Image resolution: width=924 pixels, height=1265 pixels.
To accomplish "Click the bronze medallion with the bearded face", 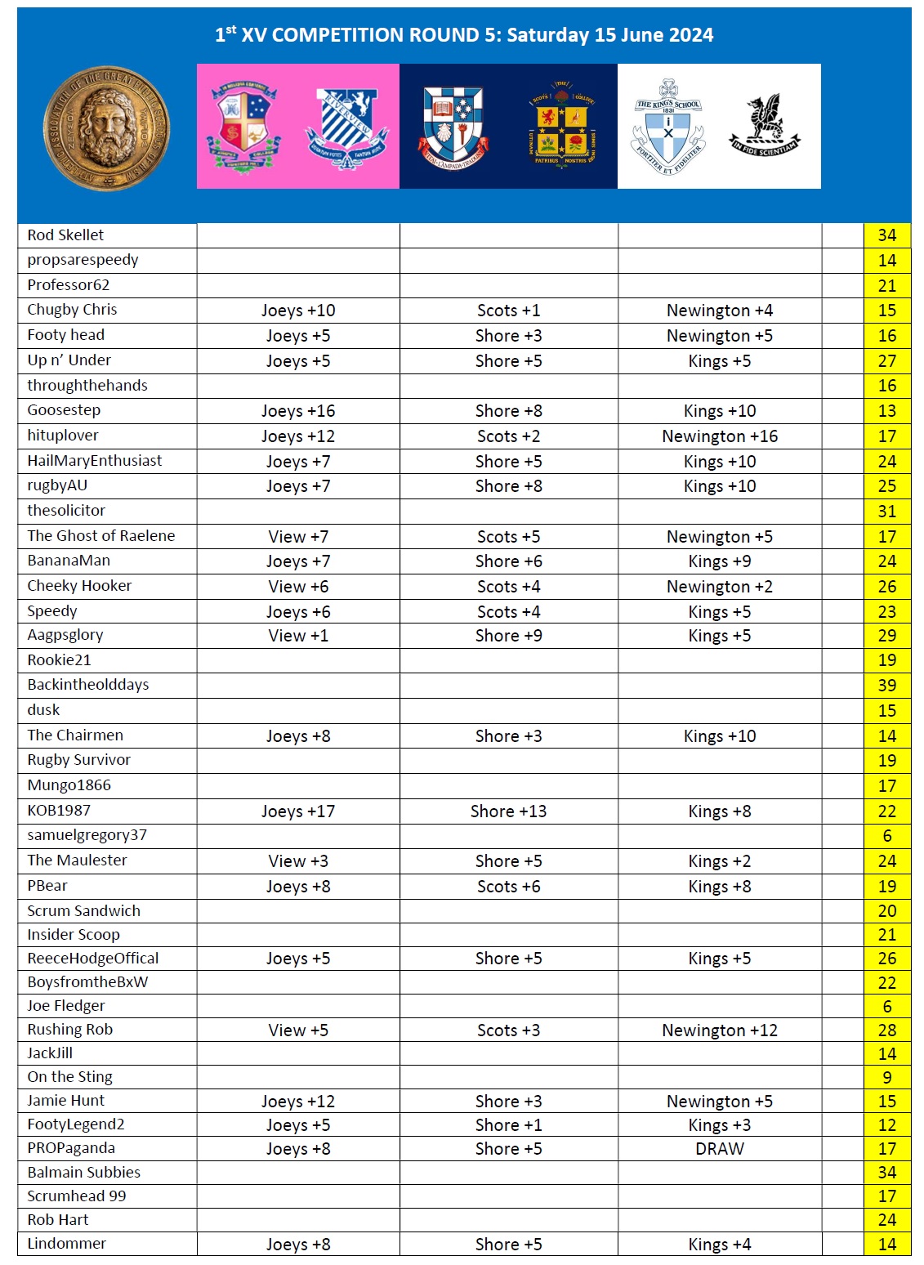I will pyautogui.click(x=106, y=128).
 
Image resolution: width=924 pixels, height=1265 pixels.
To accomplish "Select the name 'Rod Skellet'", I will pyautogui.click(x=65, y=235).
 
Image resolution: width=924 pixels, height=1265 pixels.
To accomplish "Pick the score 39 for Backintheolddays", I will pyautogui.click(x=886, y=686).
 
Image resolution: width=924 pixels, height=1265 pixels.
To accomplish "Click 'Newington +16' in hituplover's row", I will pyautogui.click(x=719, y=436).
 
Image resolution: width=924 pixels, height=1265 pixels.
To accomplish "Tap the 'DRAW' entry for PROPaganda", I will pyautogui.click(x=719, y=1149).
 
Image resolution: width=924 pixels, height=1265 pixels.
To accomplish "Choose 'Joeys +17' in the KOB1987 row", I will pyautogui.click(x=297, y=811).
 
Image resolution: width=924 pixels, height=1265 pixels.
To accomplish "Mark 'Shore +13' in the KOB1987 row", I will pyautogui.click(x=508, y=811).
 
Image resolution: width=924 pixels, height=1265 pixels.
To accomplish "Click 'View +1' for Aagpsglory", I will pyautogui.click(x=297, y=636).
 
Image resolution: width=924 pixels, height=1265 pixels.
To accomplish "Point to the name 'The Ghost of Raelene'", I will pyautogui.click(x=101, y=536).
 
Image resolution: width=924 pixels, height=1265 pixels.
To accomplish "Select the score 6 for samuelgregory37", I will pyautogui.click(x=886, y=836).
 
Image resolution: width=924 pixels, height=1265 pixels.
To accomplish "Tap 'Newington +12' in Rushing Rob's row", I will pyautogui.click(x=719, y=1030).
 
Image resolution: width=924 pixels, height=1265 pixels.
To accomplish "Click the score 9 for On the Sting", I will pyautogui.click(x=886, y=1078).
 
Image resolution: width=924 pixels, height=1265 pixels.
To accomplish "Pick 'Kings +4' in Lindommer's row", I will pyautogui.click(x=719, y=1245).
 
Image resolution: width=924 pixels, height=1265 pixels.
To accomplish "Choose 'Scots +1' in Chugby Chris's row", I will pyautogui.click(x=508, y=311).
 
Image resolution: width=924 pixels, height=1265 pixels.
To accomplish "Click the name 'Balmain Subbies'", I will pyautogui.click(x=84, y=1173).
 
